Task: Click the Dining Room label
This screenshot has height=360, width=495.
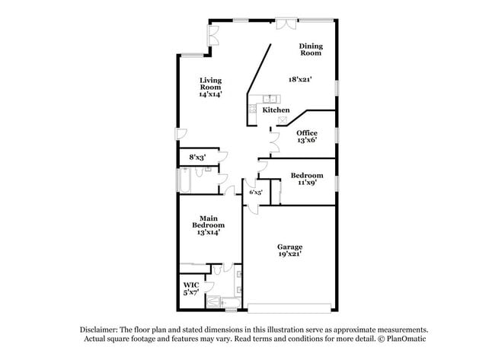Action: [x=311, y=49]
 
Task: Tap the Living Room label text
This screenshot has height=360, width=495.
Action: [x=210, y=84]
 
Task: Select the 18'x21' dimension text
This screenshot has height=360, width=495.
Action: [x=300, y=79]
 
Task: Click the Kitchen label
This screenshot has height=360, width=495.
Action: [x=276, y=110]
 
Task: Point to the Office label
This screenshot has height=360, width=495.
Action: [x=307, y=133]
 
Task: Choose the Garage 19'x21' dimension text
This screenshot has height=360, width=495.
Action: [x=290, y=253]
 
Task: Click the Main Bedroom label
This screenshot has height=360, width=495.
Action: [x=209, y=221]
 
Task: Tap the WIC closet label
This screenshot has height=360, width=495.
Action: [x=191, y=285]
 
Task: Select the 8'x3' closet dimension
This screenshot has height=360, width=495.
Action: [x=198, y=157]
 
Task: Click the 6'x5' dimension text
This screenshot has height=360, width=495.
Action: [x=256, y=192]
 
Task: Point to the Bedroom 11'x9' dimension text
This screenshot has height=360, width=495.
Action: [x=308, y=183]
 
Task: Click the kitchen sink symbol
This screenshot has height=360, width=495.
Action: [x=272, y=99]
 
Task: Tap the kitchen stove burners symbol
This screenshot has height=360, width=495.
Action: [x=252, y=109]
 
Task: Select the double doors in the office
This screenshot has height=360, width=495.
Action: [x=274, y=142]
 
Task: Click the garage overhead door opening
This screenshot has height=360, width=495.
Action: [x=289, y=308]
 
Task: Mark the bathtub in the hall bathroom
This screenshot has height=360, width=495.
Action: [x=185, y=180]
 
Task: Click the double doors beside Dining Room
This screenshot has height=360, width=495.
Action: [x=286, y=24]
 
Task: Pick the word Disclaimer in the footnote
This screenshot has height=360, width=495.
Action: [x=99, y=330]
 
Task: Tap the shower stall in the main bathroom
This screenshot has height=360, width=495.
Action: [x=213, y=301]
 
